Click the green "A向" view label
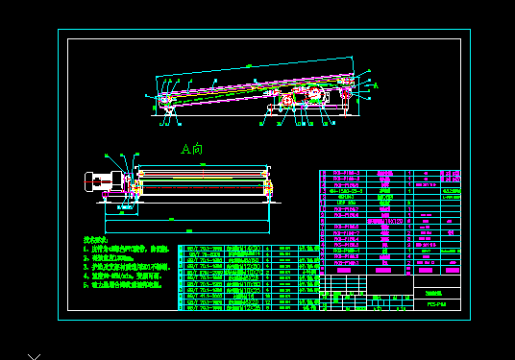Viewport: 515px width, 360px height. tap(192, 149)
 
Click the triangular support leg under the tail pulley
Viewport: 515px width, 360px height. tap(169, 117)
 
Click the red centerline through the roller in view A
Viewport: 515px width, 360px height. tap(202, 182)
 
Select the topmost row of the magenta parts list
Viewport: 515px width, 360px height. tap(389, 174)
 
